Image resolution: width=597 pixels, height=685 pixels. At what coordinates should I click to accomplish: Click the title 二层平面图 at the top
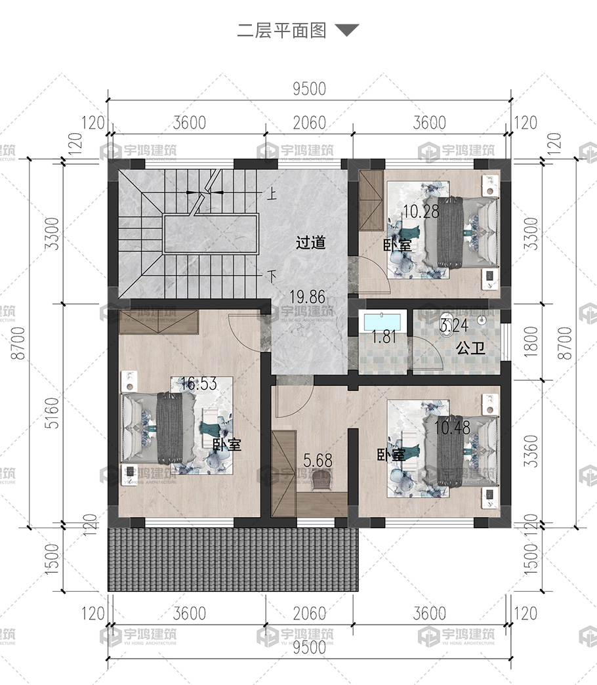click(x=281, y=31)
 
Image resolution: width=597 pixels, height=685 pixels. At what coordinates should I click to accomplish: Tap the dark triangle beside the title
click(x=347, y=30)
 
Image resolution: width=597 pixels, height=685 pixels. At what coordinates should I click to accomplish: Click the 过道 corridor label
click(x=310, y=243)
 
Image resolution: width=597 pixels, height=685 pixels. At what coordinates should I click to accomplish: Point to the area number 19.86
click(x=308, y=297)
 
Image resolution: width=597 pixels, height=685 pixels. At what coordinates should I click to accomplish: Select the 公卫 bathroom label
click(x=470, y=348)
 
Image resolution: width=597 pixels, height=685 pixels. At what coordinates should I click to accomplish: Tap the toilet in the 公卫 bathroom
click(x=447, y=325)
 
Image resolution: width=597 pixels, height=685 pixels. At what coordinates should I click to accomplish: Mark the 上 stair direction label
click(x=272, y=193)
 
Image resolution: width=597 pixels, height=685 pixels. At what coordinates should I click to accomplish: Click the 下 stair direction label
click(x=272, y=277)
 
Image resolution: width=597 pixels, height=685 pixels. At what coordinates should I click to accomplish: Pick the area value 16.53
click(x=199, y=384)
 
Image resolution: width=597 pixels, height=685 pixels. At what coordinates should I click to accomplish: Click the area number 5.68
click(x=318, y=460)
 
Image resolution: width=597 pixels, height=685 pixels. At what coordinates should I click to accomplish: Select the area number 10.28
click(x=421, y=212)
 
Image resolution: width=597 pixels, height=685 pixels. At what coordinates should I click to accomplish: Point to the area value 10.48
click(x=452, y=427)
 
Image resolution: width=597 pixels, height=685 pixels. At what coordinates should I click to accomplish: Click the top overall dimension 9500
click(x=309, y=89)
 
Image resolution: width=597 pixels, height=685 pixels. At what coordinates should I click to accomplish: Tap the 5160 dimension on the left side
click(x=52, y=413)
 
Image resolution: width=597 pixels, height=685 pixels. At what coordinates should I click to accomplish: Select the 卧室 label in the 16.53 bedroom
click(x=226, y=445)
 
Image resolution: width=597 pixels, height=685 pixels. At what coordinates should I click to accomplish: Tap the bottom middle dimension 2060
click(x=309, y=613)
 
